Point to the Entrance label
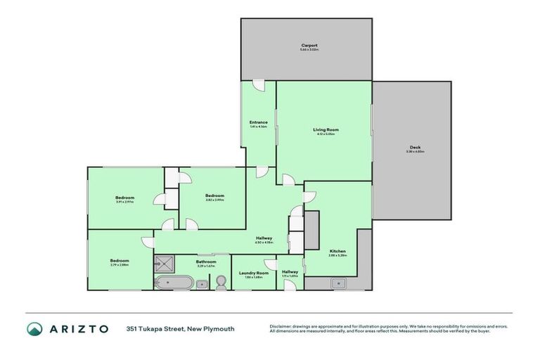click(258, 124)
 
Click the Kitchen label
click(337, 252)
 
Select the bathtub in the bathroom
click(172, 283)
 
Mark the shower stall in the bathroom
click(163, 264)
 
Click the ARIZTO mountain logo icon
click(35, 328)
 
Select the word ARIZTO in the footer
click(78, 328)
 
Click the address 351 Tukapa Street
click(155, 328)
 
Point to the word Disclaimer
click(281, 326)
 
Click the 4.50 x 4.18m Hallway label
click(264, 240)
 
